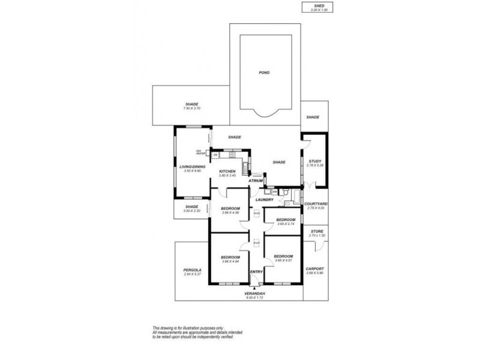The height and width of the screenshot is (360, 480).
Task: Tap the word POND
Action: point(265,73)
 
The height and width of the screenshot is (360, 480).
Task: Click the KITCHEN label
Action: point(227,171)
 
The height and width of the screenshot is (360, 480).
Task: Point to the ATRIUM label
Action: point(257,179)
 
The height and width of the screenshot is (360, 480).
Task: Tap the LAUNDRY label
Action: point(264,199)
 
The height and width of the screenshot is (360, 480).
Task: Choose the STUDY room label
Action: point(315,161)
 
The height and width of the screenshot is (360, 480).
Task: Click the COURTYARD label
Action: point(315,203)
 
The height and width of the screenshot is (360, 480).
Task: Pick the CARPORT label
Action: point(315,269)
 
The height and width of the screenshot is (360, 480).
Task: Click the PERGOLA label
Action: point(192,270)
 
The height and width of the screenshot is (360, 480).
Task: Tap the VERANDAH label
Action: point(255,293)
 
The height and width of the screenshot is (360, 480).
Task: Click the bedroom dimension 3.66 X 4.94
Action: point(230,261)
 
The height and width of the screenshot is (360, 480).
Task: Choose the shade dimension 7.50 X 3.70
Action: point(192,108)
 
